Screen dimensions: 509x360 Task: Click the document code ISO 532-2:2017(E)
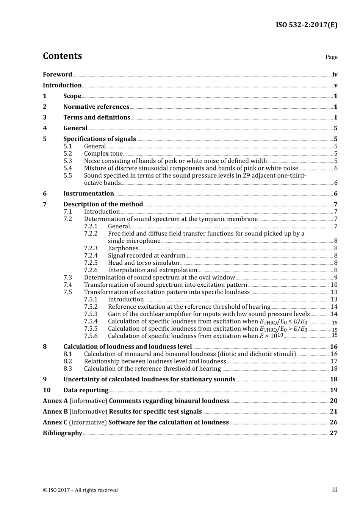[x=306, y=25]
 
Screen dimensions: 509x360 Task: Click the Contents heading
[x=62, y=56]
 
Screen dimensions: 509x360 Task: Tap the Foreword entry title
[x=57, y=75]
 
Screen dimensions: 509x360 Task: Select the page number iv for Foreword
[x=335, y=75]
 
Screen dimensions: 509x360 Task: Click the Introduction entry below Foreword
[x=62, y=85]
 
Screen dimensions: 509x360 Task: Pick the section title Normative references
[x=96, y=107]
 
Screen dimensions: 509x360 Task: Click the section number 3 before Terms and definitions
[x=45, y=117]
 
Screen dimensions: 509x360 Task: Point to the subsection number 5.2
[x=67, y=154]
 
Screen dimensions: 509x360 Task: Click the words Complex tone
[x=103, y=154]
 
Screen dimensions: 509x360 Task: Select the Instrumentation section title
[x=88, y=194]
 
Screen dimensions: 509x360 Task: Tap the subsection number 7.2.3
[x=91, y=248]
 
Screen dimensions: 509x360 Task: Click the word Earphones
[x=123, y=248]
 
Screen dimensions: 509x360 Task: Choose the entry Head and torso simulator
[x=144, y=263]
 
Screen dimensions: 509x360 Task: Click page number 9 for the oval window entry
[x=336, y=278]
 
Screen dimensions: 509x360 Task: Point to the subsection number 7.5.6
[x=91, y=336]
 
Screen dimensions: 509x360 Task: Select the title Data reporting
[x=86, y=390]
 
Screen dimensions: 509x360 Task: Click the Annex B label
[x=55, y=412]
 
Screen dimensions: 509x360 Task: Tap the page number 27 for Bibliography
[x=333, y=433]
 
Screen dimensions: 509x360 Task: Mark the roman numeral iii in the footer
[x=335, y=490]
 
